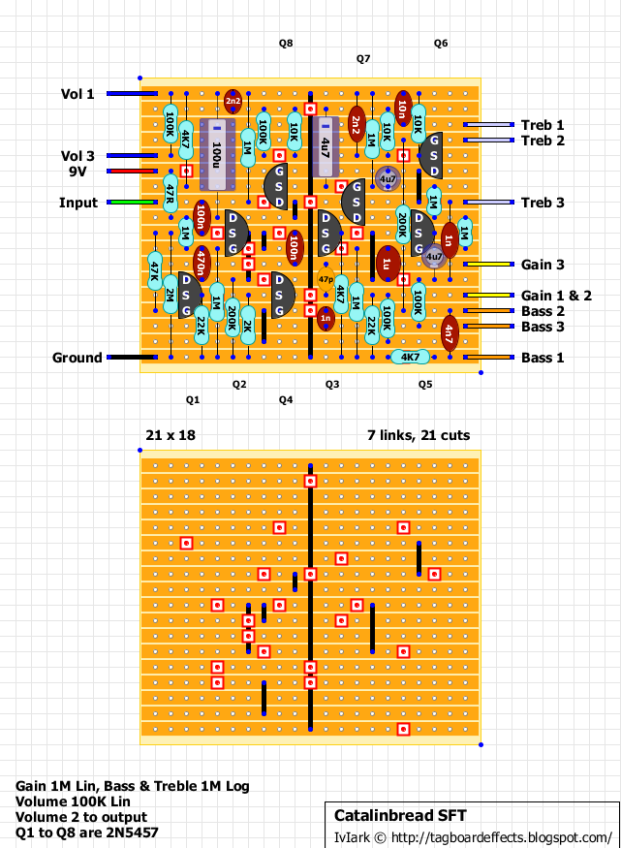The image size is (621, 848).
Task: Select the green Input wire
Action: pyautogui.click(x=133, y=203)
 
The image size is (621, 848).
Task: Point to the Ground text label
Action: pyautogui.click(x=77, y=358)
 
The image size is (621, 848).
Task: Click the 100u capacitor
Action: pyautogui.click(x=217, y=155)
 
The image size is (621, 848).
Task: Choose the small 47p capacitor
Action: pyautogui.click(x=326, y=279)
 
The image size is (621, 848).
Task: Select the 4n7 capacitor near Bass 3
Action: pyautogui.click(x=450, y=334)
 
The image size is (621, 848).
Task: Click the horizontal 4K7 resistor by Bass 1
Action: pyautogui.click(x=411, y=357)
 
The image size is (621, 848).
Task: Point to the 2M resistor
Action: pyautogui.click(x=170, y=296)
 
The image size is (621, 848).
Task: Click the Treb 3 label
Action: pyautogui.click(x=543, y=203)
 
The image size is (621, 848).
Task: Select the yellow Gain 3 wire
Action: pyautogui.click(x=489, y=265)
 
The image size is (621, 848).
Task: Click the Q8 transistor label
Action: pyautogui.click(x=286, y=44)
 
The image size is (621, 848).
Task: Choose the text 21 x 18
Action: pyautogui.click(x=171, y=435)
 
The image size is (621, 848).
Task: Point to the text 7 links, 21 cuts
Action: pyautogui.click(x=419, y=435)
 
